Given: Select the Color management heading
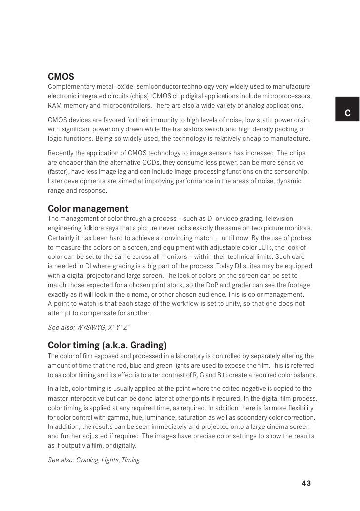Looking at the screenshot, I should click(88, 208).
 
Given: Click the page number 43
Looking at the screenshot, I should click(306, 483).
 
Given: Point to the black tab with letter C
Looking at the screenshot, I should click(347, 113).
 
